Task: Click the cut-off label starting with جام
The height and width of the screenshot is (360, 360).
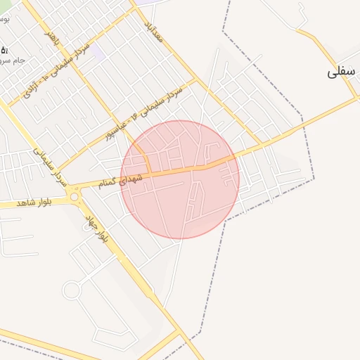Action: pyautogui.click(x=15, y=60)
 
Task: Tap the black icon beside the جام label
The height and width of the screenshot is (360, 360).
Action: pyautogui.click(x=4, y=50)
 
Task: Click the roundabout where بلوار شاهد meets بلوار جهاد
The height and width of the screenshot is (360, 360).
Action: pyautogui.click(x=75, y=197)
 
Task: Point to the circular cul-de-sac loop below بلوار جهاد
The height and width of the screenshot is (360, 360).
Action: pyautogui.click(x=72, y=290)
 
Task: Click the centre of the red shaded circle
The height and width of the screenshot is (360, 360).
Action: pyautogui.click(x=180, y=180)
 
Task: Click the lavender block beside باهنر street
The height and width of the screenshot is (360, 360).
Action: pyautogui.click(x=98, y=53)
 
